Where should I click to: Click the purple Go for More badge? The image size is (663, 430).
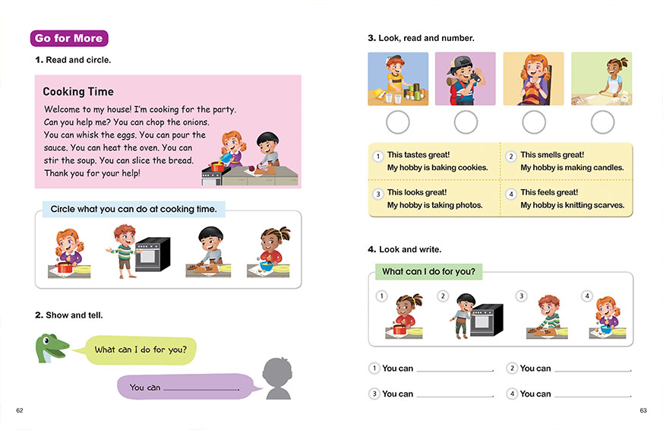point(69,39)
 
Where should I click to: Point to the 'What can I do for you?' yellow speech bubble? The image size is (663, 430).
point(146,350)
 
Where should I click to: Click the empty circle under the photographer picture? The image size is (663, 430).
point(466,122)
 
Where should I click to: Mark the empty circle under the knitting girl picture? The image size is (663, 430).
point(534,122)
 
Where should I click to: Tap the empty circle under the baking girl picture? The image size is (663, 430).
point(602,122)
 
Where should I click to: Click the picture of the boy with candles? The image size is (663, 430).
point(398,78)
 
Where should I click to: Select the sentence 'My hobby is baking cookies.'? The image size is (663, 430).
point(437,168)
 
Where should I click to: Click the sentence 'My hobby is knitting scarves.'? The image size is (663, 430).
point(572,205)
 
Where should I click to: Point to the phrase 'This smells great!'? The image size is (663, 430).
point(552,155)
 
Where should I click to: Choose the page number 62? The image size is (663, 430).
point(20,411)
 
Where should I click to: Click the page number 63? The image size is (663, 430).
point(642,411)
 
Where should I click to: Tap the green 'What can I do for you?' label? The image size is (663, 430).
point(429,271)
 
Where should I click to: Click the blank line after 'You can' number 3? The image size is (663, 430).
point(455,394)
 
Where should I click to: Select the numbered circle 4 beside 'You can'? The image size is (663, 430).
point(512,394)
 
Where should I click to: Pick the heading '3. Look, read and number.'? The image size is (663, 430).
point(421,38)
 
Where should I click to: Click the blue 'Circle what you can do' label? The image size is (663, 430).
point(133,209)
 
